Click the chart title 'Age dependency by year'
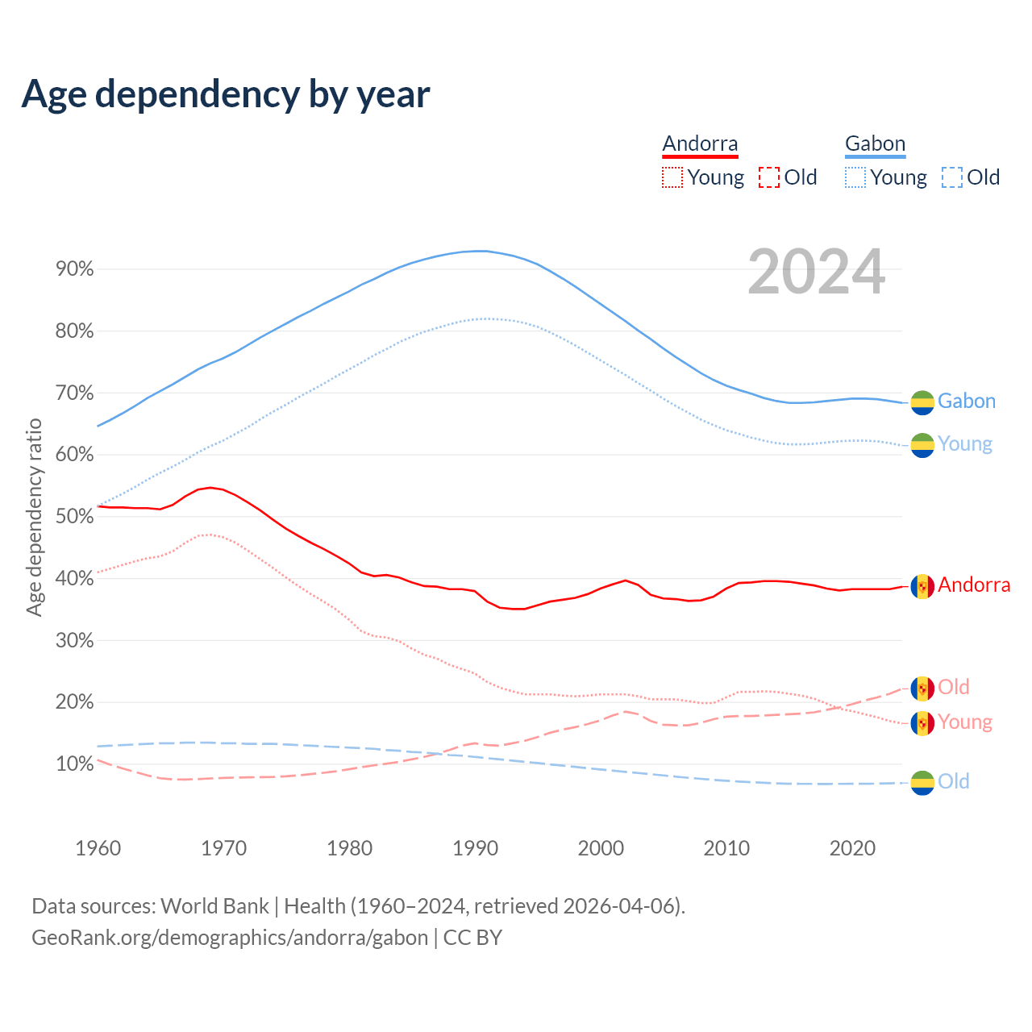point(226,94)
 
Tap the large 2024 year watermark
point(816,273)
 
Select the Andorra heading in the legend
point(700,144)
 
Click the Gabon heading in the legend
point(875,144)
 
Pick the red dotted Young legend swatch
point(672,177)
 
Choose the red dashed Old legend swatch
point(769,177)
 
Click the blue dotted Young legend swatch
point(855,177)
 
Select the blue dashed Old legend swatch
point(951,177)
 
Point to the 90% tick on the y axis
point(75,269)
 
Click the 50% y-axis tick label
point(75,517)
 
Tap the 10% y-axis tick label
point(75,764)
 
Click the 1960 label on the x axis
point(98,848)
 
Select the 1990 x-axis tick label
point(475,848)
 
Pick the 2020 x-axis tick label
point(852,848)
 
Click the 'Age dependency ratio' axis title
point(34,517)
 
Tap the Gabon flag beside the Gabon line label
point(922,402)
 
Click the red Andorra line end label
point(973,585)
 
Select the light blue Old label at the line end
point(953,781)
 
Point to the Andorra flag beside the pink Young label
point(922,723)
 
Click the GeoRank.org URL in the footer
point(230,938)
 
